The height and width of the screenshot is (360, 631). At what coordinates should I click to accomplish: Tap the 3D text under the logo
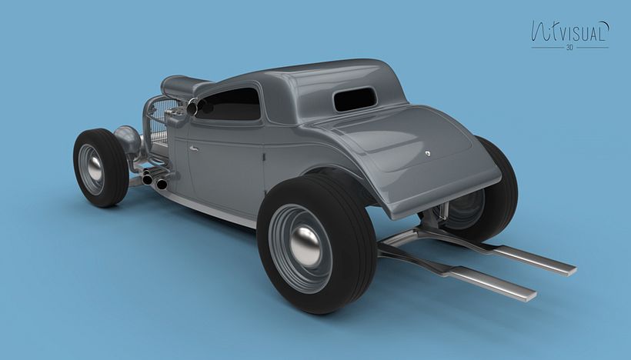point(569,48)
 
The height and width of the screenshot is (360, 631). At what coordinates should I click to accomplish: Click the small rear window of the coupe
point(356,98)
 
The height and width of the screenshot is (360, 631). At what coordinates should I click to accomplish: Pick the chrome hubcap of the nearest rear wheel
point(305,245)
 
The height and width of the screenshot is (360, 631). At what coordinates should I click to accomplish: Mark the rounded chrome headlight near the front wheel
point(127,139)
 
